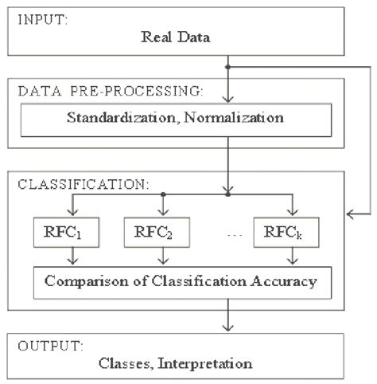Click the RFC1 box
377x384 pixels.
pos(54,235)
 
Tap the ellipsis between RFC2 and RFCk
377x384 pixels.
pos(229,236)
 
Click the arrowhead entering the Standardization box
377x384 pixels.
pos(229,100)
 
